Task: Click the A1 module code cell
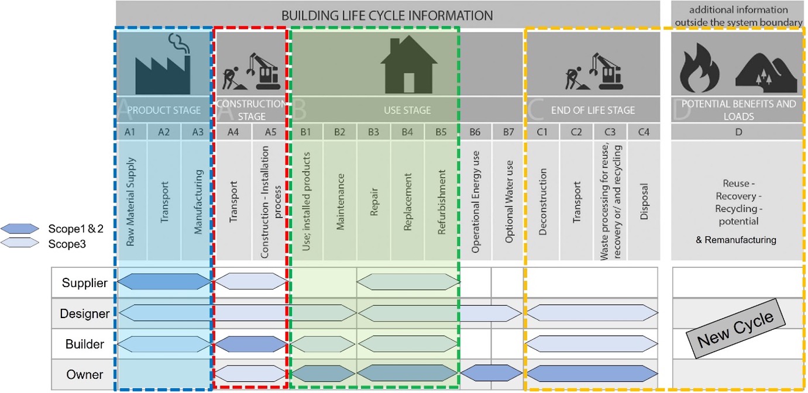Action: (x=130, y=132)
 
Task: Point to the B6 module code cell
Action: (x=475, y=132)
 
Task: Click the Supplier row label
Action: (x=85, y=283)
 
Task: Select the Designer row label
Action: (x=85, y=314)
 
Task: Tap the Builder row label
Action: (x=85, y=344)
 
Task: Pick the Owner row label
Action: (x=85, y=375)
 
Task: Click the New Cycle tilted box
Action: (x=735, y=328)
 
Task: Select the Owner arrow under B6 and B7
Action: (x=491, y=373)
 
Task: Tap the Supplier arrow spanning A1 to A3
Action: (x=164, y=282)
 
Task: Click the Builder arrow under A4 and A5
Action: (x=252, y=344)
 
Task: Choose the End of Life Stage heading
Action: (x=593, y=109)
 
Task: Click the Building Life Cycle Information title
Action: (x=387, y=15)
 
